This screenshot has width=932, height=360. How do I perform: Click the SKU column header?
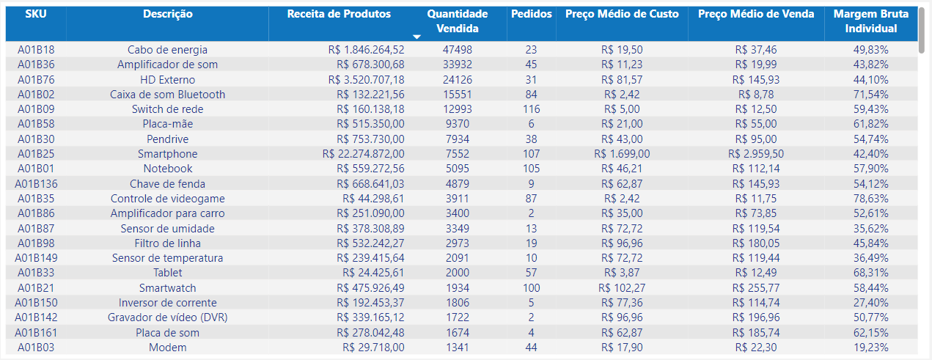pos(35,14)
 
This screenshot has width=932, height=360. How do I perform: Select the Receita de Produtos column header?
pos(339,14)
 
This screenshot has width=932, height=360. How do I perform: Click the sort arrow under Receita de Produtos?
pos(417,36)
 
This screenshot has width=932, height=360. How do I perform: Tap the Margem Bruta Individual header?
pos(870,21)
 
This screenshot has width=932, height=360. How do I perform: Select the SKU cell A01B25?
pos(35,154)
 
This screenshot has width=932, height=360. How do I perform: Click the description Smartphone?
pos(167,154)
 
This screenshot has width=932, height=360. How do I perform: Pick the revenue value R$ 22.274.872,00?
pos(363,154)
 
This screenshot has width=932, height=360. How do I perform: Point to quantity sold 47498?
pos(458,50)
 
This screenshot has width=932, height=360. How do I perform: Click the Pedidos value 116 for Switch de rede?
pos(531,109)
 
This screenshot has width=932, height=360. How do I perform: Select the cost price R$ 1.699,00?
pos(622,154)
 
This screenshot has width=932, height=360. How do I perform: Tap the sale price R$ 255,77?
pos(756,288)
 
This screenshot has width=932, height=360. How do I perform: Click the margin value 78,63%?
pos(870,199)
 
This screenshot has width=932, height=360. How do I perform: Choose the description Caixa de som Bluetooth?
pos(167,95)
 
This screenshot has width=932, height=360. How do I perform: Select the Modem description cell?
pos(167,348)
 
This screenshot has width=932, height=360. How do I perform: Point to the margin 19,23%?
pos(870,348)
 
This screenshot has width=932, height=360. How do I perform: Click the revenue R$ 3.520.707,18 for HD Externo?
pos(366,79)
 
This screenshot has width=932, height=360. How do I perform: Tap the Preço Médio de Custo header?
pos(622,14)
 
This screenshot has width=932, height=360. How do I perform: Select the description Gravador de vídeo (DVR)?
pos(167,317)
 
